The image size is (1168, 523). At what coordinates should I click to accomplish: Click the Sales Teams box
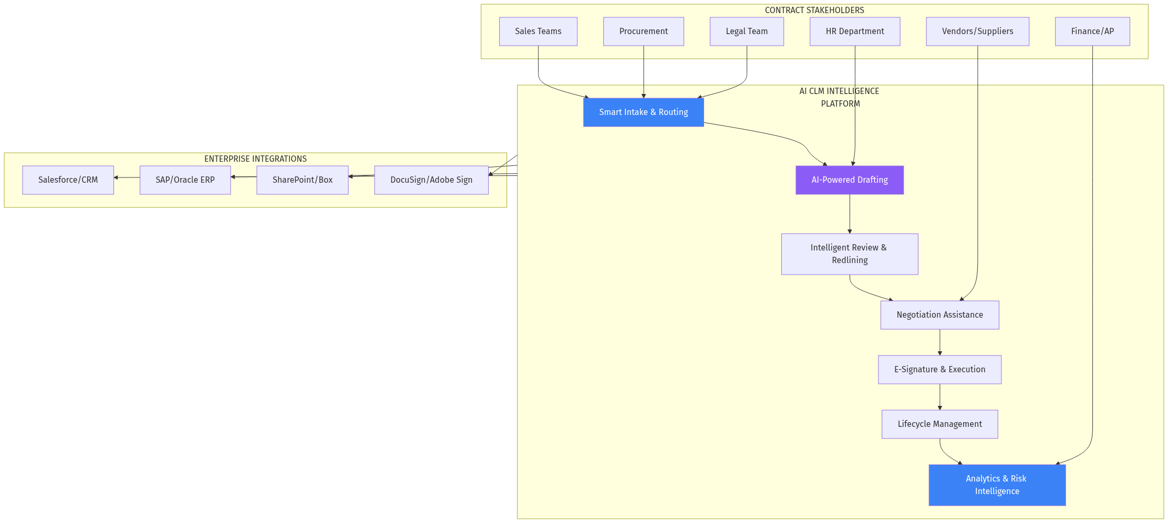538,32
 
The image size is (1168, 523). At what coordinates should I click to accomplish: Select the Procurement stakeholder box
643,32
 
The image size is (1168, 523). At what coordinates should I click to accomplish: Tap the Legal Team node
747,32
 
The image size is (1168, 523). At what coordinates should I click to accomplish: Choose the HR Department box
854,32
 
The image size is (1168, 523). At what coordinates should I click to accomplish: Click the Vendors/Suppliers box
977,32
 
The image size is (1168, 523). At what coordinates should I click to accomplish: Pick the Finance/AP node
1092,32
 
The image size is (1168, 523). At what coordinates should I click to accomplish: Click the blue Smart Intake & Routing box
643,112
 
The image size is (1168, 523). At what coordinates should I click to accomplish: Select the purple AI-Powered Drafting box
849,180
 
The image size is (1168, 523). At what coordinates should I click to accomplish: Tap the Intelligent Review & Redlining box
849,254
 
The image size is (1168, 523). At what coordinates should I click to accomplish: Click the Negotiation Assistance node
939,315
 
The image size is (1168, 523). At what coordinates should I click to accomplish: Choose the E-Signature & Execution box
939,370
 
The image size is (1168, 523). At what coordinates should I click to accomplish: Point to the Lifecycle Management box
939,424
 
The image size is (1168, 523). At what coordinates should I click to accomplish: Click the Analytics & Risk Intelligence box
997,485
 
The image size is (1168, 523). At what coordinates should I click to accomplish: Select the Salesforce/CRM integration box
68,180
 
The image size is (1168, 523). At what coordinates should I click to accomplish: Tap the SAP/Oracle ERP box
185,180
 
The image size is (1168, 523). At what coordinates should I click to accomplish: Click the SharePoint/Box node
302,180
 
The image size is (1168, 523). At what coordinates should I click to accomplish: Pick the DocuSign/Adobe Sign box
431,180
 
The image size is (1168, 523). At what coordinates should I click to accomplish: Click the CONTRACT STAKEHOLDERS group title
814,11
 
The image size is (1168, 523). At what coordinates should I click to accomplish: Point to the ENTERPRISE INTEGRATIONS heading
255,159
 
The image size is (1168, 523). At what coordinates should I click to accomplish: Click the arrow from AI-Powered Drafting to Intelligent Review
850,214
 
